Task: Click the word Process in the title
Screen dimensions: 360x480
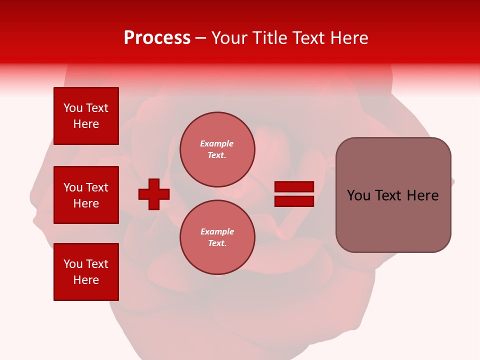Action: pyautogui.click(x=157, y=38)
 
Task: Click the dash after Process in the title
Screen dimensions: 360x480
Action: pyautogui.click(x=200, y=38)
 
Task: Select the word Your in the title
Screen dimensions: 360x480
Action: pyautogui.click(x=229, y=38)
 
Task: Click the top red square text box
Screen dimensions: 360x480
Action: pyautogui.click(x=86, y=116)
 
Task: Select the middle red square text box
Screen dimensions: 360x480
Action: pyautogui.click(x=86, y=195)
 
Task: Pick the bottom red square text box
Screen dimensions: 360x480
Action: pyautogui.click(x=86, y=272)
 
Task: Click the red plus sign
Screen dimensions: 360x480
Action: pyautogui.click(x=154, y=194)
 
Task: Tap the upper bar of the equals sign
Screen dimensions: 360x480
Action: pyautogui.click(x=294, y=187)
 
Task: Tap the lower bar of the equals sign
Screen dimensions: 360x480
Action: pyautogui.click(x=294, y=201)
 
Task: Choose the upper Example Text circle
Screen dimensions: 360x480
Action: pyautogui.click(x=217, y=149)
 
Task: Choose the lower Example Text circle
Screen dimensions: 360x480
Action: pyautogui.click(x=217, y=237)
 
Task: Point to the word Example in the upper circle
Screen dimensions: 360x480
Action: pyautogui.click(x=217, y=143)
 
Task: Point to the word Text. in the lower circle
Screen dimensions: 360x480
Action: pyautogui.click(x=217, y=243)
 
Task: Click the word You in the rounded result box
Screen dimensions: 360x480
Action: pyautogui.click(x=358, y=195)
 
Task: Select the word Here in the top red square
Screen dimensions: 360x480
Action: pyautogui.click(x=86, y=124)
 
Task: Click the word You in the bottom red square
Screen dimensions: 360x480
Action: pyautogui.click(x=73, y=264)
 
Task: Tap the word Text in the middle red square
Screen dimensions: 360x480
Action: pyautogui.click(x=97, y=187)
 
